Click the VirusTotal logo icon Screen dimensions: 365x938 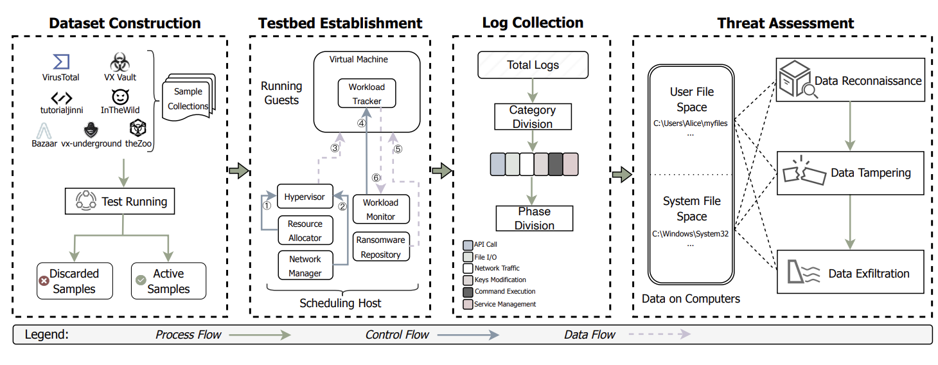61,62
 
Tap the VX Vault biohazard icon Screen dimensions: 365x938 119,62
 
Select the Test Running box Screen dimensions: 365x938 120,202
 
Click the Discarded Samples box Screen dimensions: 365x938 75,281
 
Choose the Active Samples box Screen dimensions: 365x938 168,281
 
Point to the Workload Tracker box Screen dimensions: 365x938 367,93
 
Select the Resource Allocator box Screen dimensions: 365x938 305,231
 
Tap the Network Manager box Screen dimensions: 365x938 305,265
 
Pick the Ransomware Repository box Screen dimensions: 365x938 381,247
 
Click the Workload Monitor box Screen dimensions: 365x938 381,209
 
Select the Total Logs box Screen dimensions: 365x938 533,65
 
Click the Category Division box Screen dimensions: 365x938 533,117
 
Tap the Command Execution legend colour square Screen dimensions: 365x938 468,292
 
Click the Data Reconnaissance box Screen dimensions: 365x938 851,81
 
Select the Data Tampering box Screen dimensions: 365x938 851,173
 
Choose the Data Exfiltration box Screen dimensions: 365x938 851,272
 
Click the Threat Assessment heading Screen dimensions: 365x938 786,24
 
